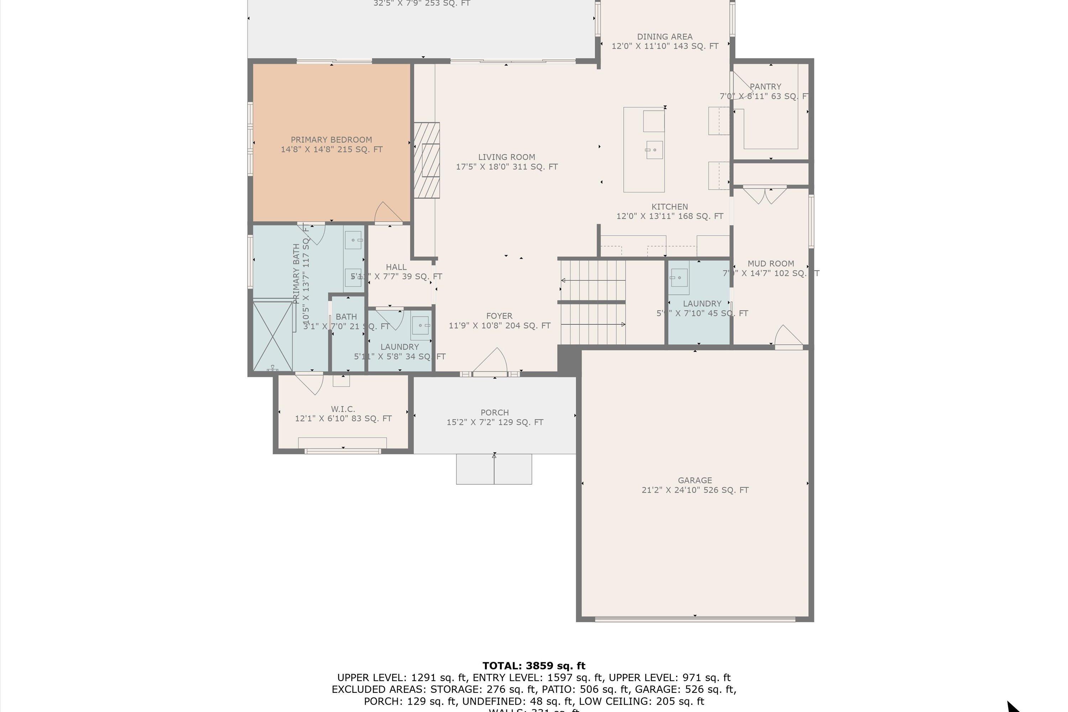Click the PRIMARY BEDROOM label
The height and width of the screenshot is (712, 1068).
coord(331,140)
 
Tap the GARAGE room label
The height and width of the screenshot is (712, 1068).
coord(695,480)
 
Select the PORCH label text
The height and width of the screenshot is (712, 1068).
coord(494,412)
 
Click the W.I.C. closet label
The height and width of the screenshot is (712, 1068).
coord(343,409)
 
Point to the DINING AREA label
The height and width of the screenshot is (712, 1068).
coord(664,37)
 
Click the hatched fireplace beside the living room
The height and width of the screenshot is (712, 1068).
coord(426,160)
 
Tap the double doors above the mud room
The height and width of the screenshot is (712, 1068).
coord(765,195)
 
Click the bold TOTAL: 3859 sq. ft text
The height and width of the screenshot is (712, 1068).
coord(534,666)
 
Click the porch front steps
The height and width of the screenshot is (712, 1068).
coord(494,469)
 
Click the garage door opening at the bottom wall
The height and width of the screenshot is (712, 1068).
coord(695,618)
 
